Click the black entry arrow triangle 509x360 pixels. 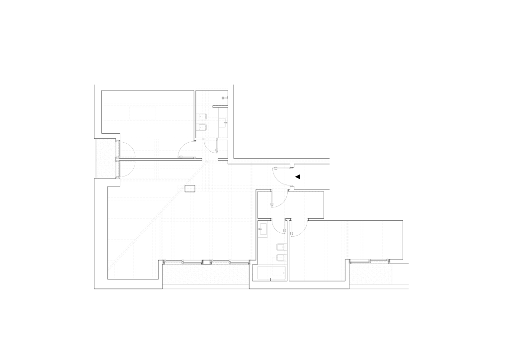tap(298, 177)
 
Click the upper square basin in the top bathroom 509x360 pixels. tap(202, 117)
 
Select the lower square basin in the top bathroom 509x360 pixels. tap(202, 126)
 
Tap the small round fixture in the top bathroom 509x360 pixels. tap(224, 97)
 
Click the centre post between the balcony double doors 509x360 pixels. tap(117, 159)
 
